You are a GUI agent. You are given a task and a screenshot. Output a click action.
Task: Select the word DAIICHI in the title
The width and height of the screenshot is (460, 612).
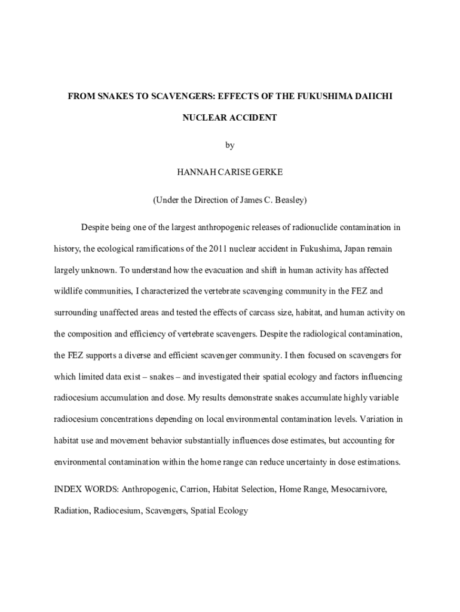click(x=372, y=96)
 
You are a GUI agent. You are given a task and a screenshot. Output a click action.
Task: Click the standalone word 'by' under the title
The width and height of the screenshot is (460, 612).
click(x=230, y=146)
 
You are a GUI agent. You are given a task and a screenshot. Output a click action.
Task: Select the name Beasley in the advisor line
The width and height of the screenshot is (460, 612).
click(x=290, y=200)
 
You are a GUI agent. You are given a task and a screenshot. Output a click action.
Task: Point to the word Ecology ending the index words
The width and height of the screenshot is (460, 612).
click(x=232, y=512)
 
